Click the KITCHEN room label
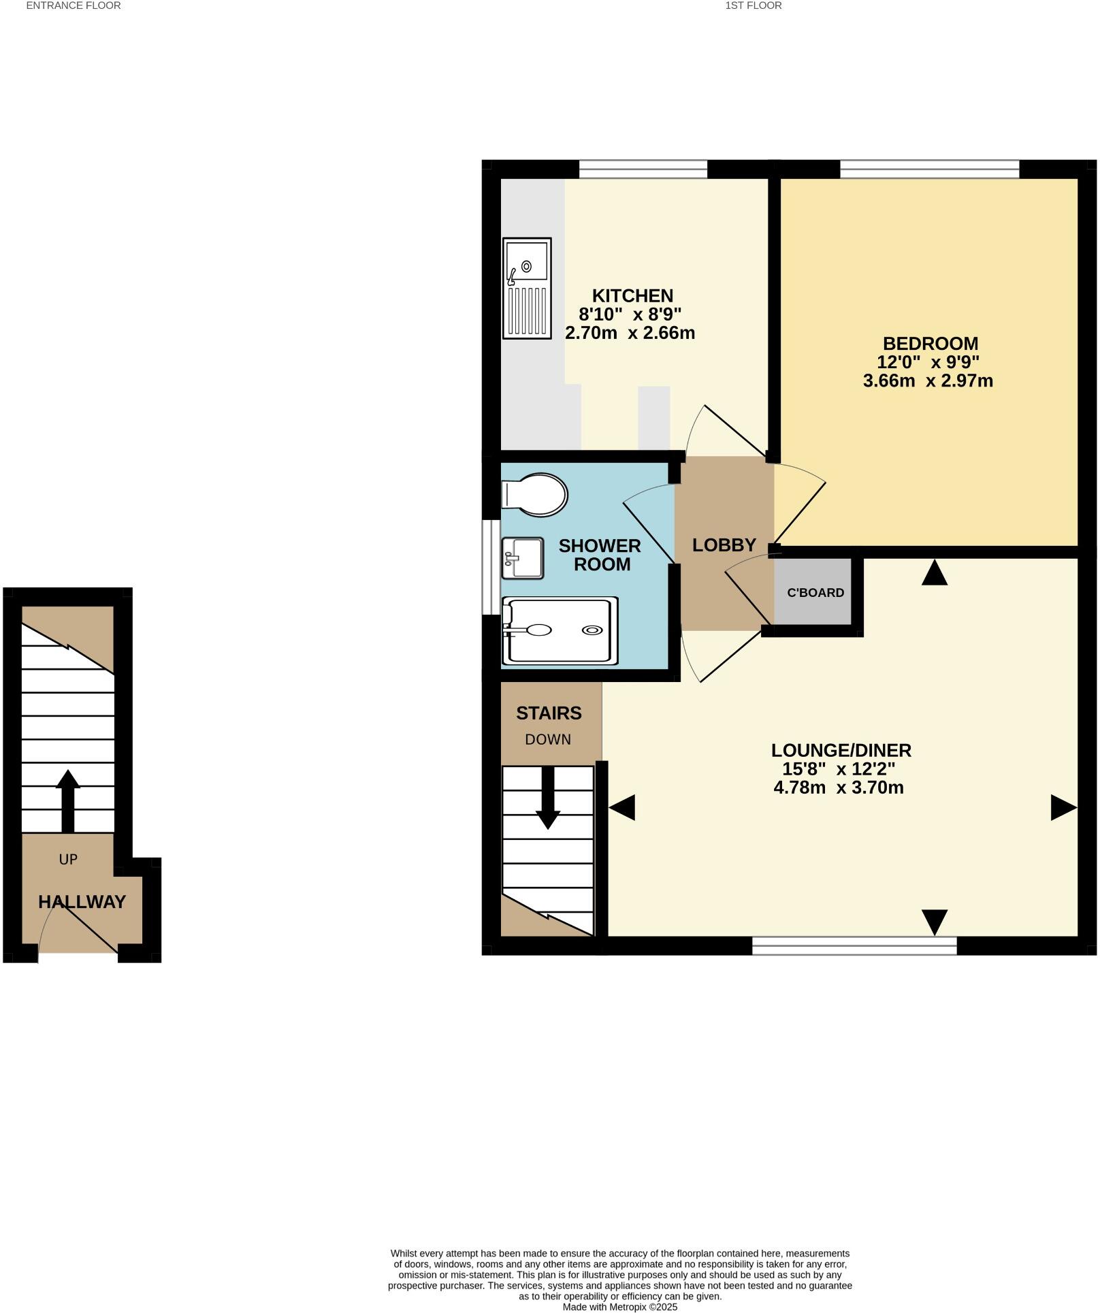pyautogui.click(x=632, y=295)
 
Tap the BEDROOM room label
pyautogui.click(x=930, y=343)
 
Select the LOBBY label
pyautogui.click(x=724, y=545)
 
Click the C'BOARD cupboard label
pyautogui.click(x=815, y=592)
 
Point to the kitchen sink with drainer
pyautogui.click(x=526, y=288)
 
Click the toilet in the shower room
pyautogui.click(x=535, y=494)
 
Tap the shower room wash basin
pyautogui.click(x=522, y=558)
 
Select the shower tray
pyautogui.click(x=560, y=630)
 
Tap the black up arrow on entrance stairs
pyautogui.click(x=67, y=801)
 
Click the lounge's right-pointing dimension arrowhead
pyautogui.click(x=1063, y=807)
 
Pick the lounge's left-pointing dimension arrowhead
pyautogui.click(x=621, y=807)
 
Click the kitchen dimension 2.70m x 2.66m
pyautogui.click(x=630, y=333)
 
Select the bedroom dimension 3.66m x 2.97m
pyautogui.click(x=928, y=380)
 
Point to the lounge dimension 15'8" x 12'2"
pyautogui.click(x=839, y=769)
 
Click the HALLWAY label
pyautogui.click(x=82, y=902)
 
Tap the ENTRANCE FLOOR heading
pyautogui.click(x=74, y=5)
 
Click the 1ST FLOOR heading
pyautogui.click(x=753, y=5)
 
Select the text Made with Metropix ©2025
pyautogui.click(x=619, y=1307)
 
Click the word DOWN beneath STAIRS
pyautogui.click(x=548, y=739)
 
